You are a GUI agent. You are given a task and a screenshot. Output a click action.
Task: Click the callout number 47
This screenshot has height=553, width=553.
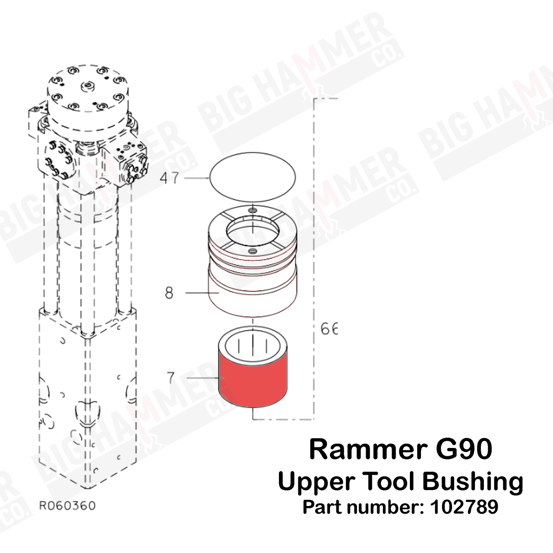pyautogui.click(x=169, y=178)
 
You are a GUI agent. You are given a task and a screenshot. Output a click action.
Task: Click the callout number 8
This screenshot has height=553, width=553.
pyautogui.click(x=169, y=293)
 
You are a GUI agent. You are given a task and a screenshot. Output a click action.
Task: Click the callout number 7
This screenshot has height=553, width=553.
pyautogui.click(x=171, y=378)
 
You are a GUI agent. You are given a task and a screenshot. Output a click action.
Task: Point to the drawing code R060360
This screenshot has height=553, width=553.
pyautogui.click(x=67, y=506)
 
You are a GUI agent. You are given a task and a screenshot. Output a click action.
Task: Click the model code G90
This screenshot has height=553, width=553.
pyautogui.click(x=464, y=450)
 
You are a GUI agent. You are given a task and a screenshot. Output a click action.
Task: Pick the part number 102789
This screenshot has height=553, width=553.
pyautogui.click(x=464, y=507)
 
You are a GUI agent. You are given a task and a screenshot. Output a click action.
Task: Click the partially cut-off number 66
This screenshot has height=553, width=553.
pyautogui.click(x=329, y=329)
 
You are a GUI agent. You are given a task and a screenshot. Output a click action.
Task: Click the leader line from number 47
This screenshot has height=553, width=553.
pyautogui.click(x=197, y=178)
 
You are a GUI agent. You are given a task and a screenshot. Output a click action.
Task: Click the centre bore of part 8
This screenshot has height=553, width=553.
pyautogui.click(x=253, y=231)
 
